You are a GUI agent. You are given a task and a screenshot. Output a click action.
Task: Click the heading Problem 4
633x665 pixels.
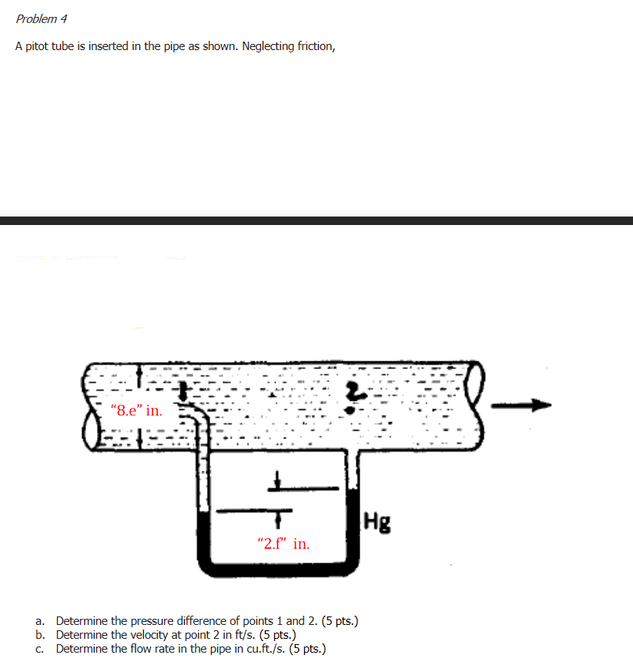coord(42,18)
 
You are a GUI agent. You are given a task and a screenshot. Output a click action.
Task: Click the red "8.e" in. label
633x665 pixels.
coord(136,411)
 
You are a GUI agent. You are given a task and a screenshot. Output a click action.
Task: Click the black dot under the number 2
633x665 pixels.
coord(351,410)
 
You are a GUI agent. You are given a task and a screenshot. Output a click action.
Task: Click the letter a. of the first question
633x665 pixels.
coord(40,620)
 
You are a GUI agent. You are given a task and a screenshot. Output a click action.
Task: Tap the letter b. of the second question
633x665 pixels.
coord(40,635)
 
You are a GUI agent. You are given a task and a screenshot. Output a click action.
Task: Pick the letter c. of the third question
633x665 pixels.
coord(40,649)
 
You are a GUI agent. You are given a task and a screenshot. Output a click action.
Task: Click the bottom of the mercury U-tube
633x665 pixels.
coord(277,570)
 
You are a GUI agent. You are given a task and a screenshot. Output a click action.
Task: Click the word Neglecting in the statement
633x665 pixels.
coord(270,46)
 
